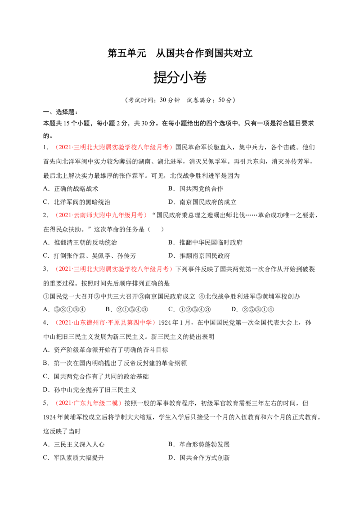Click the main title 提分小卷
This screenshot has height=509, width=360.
[x=180, y=78]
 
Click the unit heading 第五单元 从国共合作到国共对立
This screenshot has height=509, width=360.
[x=180, y=53]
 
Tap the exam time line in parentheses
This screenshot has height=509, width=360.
[x=180, y=100]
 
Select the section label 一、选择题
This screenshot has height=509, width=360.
[x=60, y=112]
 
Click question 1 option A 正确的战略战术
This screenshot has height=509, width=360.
[x=71, y=188]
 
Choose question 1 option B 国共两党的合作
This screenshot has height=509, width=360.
[x=196, y=188]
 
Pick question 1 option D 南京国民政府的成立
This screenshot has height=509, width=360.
[x=202, y=202]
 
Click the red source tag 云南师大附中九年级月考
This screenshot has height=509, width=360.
[x=99, y=215]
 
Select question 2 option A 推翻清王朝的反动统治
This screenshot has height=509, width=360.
[x=80, y=242]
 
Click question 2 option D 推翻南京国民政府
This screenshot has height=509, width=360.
[x=199, y=256]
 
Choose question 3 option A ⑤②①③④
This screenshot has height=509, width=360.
[x=64, y=309]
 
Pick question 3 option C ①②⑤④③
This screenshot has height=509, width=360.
[x=189, y=309]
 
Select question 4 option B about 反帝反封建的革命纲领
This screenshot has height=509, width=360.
[x=115, y=363]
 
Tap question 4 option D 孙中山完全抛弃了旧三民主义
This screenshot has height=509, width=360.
[x=90, y=390]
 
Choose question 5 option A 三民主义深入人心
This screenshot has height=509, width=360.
[x=74, y=444]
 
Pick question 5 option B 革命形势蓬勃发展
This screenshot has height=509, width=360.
[x=199, y=444]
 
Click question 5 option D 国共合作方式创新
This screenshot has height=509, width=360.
[x=199, y=458]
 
